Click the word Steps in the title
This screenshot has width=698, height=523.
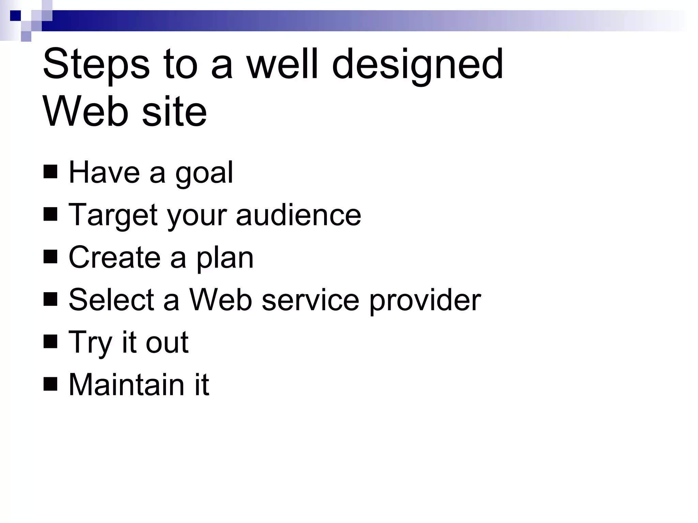pyautogui.click(x=96, y=65)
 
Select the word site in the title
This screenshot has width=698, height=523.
pyautogui.click(x=174, y=112)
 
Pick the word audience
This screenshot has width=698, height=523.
pyautogui.click(x=298, y=216)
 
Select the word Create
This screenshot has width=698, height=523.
pyautogui.click(x=115, y=258)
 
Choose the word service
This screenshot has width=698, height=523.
pyautogui.click(x=310, y=300)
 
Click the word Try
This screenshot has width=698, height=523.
pyautogui.click(x=90, y=343)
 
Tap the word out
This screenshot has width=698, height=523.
pyautogui.click(x=167, y=343)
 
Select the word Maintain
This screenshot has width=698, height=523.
pyautogui.click(x=126, y=385)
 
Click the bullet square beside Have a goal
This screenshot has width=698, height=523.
pyautogui.click(x=50, y=172)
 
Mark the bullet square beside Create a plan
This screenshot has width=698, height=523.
pyautogui.click(x=50, y=257)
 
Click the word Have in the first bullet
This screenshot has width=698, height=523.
pyautogui.click(x=104, y=173)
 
